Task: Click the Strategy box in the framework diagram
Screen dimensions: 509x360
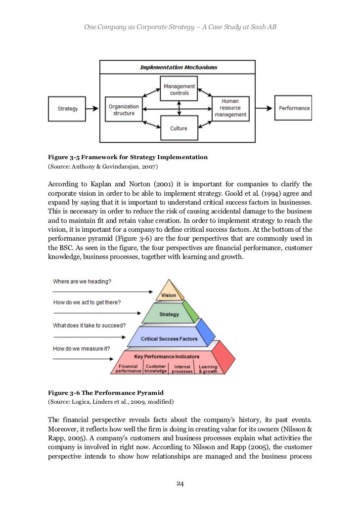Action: (x=68, y=109)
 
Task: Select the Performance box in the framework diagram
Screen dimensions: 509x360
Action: (x=294, y=108)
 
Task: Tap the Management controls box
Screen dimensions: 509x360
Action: (x=179, y=89)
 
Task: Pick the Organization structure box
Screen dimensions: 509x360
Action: (x=124, y=110)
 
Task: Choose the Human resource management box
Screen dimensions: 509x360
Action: (x=230, y=108)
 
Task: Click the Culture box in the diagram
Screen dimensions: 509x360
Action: (x=179, y=128)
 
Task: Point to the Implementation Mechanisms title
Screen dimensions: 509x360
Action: (x=178, y=67)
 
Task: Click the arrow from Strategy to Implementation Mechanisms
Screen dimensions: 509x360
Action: (x=94, y=109)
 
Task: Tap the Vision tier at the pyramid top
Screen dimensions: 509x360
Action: (x=169, y=295)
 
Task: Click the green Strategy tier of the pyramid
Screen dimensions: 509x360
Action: (x=169, y=314)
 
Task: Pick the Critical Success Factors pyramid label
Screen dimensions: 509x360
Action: (x=169, y=339)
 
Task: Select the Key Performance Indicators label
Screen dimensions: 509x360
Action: (x=167, y=356)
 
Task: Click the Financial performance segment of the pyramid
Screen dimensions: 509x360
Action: (x=128, y=369)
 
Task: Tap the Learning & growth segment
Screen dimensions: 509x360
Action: (x=208, y=369)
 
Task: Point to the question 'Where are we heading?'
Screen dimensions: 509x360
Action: (x=82, y=282)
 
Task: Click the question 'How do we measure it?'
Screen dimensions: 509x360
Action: (x=82, y=348)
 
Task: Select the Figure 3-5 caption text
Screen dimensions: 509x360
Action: (x=128, y=157)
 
